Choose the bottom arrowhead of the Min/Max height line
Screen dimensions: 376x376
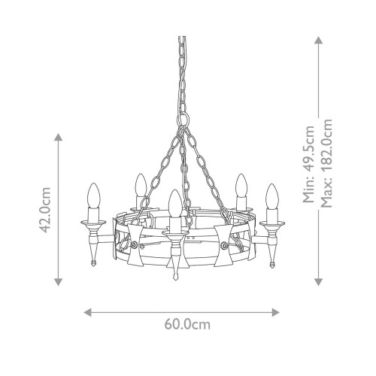point(318,283)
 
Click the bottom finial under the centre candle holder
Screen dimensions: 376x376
point(175,276)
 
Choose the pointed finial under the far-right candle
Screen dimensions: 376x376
point(271,263)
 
